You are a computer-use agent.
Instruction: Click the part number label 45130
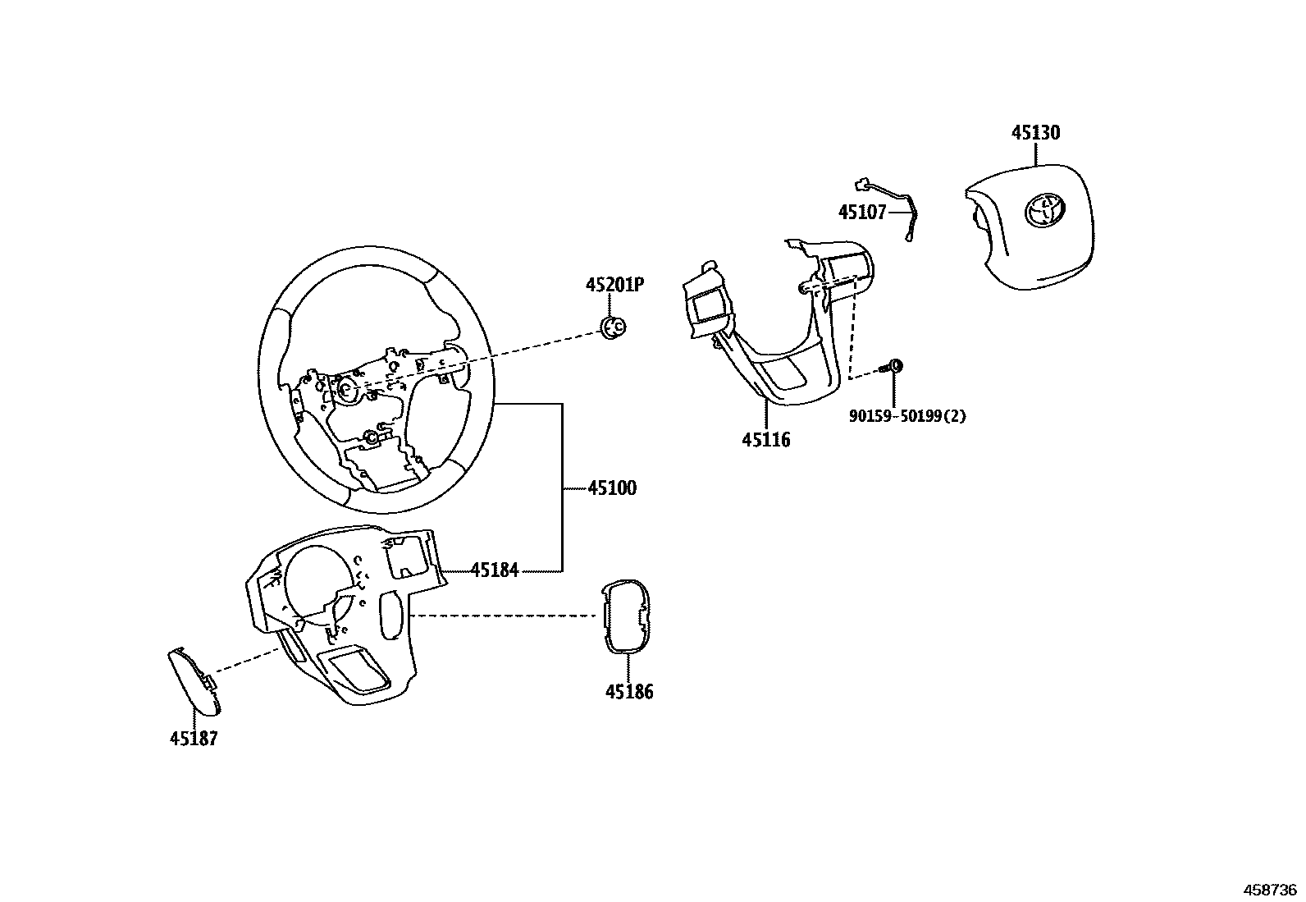(x=1034, y=133)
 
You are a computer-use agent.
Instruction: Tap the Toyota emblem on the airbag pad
(x=1043, y=210)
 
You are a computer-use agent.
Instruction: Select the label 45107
(x=861, y=213)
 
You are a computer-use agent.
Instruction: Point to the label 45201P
(x=614, y=285)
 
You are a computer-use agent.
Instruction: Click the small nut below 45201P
(x=613, y=327)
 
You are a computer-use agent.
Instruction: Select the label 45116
(x=766, y=440)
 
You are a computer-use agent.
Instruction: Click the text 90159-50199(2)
(x=906, y=416)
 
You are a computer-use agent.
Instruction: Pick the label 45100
(x=612, y=488)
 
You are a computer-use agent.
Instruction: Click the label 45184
(x=495, y=570)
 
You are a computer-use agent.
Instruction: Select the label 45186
(x=629, y=692)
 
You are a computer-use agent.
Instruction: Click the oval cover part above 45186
(x=625, y=616)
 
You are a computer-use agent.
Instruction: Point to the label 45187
(x=194, y=739)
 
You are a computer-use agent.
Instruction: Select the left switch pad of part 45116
(x=706, y=309)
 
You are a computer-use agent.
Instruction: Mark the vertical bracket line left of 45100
(x=562, y=488)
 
